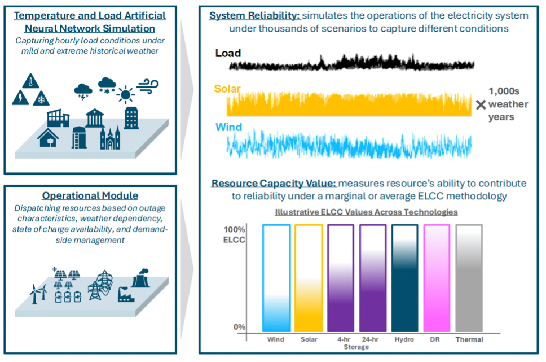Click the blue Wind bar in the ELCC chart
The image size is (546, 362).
(x=276, y=278)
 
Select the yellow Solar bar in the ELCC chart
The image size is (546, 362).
(x=309, y=278)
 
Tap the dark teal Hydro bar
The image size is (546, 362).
(x=404, y=278)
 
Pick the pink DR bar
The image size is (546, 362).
(x=437, y=278)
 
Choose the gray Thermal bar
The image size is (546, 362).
(x=469, y=278)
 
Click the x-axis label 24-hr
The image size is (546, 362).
(x=370, y=339)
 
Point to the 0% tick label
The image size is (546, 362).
(x=240, y=327)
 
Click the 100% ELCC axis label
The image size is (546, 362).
(x=234, y=234)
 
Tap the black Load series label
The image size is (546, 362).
(x=228, y=53)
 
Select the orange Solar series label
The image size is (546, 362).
(x=227, y=89)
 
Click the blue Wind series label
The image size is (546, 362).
(x=228, y=127)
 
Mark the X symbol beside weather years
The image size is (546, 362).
(x=481, y=104)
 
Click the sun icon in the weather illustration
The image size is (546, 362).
(x=125, y=94)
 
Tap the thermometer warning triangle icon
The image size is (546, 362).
(x=30, y=81)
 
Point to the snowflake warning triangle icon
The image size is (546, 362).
(x=41, y=98)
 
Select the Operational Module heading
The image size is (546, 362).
(x=90, y=195)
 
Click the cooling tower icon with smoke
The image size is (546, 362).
(x=140, y=278)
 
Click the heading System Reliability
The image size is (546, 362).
(x=254, y=16)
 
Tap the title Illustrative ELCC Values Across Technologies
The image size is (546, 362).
(x=366, y=212)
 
